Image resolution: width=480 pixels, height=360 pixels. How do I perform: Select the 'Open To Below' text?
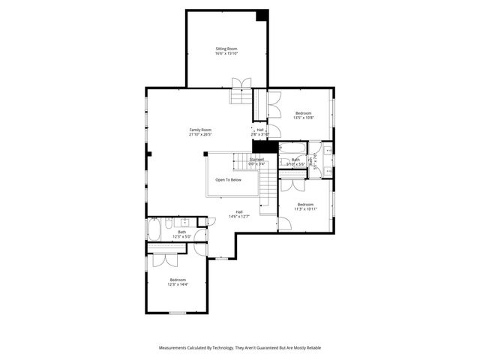[x=228, y=180]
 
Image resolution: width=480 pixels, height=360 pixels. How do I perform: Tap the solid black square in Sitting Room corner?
[x=262, y=16]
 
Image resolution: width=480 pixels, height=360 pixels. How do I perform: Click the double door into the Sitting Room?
[x=241, y=82]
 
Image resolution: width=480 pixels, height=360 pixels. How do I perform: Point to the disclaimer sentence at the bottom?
[x=240, y=348]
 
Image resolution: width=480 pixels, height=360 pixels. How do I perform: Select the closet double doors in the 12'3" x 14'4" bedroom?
[x=164, y=259]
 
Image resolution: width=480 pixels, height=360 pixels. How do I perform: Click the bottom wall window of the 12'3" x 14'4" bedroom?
[x=178, y=312]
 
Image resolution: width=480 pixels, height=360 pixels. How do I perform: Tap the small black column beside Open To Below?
[x=205, y=154]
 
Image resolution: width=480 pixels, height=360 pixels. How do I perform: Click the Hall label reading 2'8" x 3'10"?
[x=259, y=132]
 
